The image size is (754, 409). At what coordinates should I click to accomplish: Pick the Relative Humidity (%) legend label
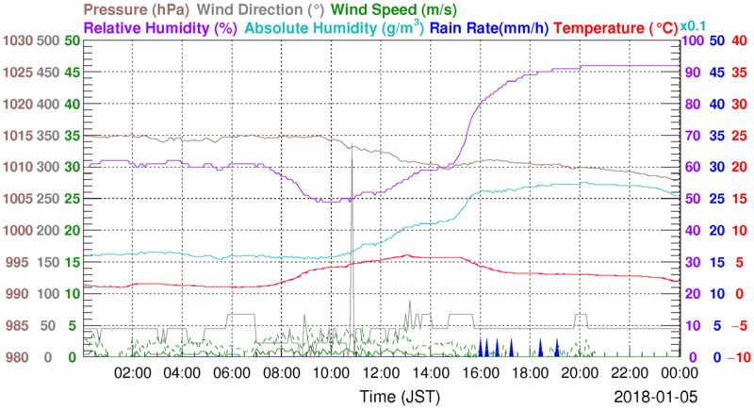[x=159, y=28]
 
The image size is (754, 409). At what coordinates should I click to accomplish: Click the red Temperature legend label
[x=617, y=28]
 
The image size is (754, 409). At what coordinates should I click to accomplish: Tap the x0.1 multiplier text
[x=696, y=25]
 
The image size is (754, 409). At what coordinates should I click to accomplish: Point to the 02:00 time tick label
[x=132, y=373]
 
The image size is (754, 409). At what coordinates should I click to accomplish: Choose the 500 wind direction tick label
[x=48, y=41]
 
